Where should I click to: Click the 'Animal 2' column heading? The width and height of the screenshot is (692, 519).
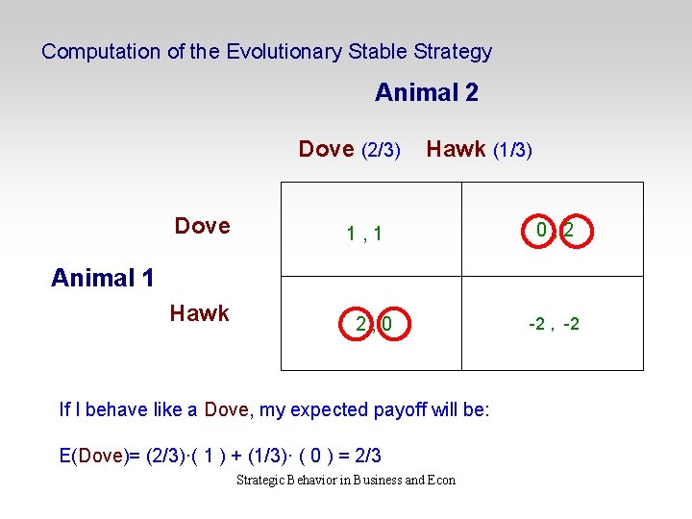click(x=426, y=93)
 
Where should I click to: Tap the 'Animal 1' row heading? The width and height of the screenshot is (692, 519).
click(x=103, y=279)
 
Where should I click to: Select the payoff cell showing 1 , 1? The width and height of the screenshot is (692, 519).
click(x=365, y=234)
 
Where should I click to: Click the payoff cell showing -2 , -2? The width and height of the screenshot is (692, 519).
click(x=554, y=325)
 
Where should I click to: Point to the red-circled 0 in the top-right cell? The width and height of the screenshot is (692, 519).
click(x=542, y=231)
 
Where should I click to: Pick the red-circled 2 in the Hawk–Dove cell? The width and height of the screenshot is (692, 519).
click(x=360, y=325)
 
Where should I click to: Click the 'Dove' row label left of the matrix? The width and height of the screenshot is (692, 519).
click(x=202, y=226)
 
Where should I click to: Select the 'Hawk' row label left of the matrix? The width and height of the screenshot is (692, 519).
click(x=199, y=313)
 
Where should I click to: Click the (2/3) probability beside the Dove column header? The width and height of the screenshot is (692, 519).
click(x=381, y=150)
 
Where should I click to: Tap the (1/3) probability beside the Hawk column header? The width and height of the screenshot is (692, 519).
click(x=512, y=150)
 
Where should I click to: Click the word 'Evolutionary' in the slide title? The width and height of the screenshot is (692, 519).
click(x=283, y=52)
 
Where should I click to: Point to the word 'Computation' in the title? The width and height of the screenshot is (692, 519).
click(x=101, y=52)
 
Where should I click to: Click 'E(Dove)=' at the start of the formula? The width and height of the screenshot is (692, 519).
click(x=101, y=455)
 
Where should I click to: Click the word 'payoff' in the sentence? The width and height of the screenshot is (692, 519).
click(x=377, y=410)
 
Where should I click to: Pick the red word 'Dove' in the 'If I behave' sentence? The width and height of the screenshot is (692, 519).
click(x=227, y=410)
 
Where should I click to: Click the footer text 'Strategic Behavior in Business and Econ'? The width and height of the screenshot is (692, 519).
click(x=346, y=481)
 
